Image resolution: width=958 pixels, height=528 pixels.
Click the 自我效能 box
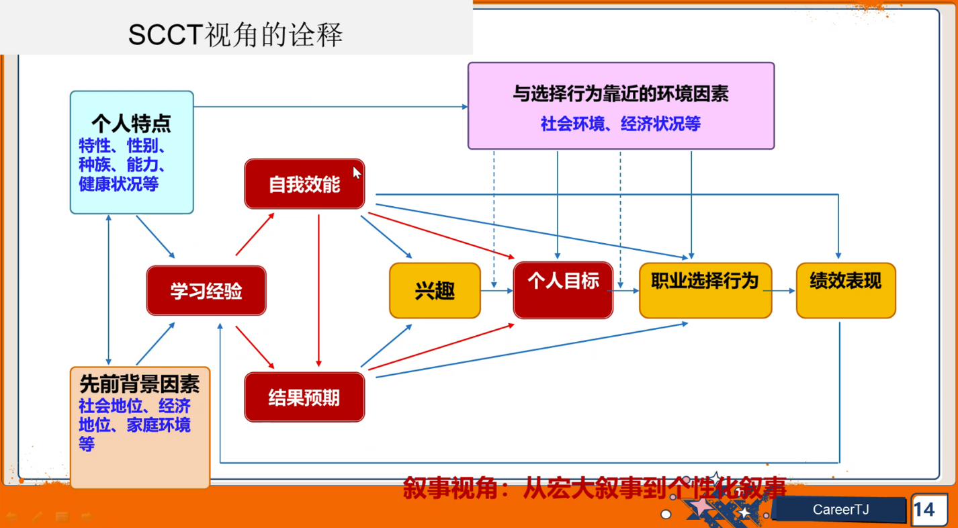tap(304, 184)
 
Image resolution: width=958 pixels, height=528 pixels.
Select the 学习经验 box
tap(206, 291)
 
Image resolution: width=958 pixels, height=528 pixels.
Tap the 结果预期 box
tap(304, 397)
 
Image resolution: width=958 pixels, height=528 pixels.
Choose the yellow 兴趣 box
tap(435, 291)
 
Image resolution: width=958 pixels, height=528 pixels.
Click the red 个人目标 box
tap(563, 291)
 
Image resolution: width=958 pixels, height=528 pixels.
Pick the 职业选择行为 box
tap(705, 291)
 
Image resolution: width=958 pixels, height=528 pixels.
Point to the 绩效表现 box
tap(846, 291)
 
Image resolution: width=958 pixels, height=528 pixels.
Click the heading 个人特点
tap(131, 124)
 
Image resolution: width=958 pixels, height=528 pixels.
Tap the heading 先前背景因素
tap(140, 384)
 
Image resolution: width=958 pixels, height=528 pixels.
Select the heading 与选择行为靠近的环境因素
tap(621, 93)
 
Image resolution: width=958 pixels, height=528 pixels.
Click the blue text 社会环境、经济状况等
tap(621, 124)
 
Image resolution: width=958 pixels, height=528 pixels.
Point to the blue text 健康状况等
tap(118, 184)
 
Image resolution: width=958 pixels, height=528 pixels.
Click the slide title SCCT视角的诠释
tap(235, 35)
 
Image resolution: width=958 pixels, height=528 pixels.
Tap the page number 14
tap(924, 510)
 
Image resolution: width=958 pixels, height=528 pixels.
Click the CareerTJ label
tap(840, 510)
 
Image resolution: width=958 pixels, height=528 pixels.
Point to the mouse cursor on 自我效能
tap(357, 173)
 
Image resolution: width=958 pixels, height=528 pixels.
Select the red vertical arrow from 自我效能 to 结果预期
tap(318, 291)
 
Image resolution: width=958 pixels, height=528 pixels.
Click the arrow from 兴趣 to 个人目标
tap(497, 291)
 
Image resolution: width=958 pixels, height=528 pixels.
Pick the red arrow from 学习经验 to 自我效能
tap(255, 234)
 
